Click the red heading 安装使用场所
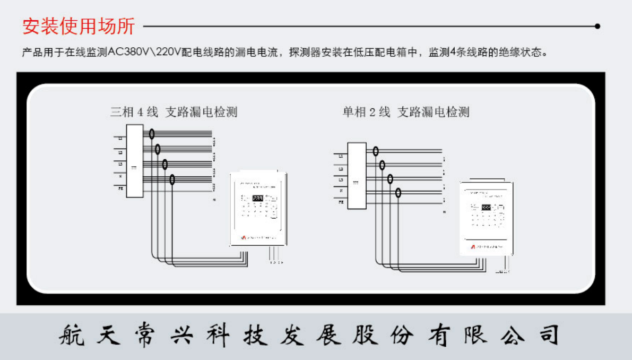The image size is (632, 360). [79, 26]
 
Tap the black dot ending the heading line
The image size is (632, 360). [598, 25]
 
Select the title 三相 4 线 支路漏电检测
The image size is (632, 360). [174, 112]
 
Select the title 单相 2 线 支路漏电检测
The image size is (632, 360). [406, 112]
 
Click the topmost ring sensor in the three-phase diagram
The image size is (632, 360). [152, 134]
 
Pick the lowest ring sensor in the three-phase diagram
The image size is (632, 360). [172, 180]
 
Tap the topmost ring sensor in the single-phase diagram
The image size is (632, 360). [376, 151]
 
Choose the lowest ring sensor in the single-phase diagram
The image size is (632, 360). [398, 193]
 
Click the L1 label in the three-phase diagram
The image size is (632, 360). [119, 139]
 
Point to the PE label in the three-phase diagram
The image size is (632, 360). [119, 188]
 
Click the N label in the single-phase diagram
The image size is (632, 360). [341, 190]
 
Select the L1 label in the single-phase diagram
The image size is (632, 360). [341, 156]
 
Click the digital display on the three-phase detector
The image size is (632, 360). [257, 199]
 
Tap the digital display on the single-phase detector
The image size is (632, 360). [486, 209]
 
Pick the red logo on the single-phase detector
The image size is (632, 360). [473, 247]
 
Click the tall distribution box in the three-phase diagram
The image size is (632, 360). [135, 161]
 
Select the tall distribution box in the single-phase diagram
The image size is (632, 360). [357, 175]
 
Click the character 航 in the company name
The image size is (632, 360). [70, 335]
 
